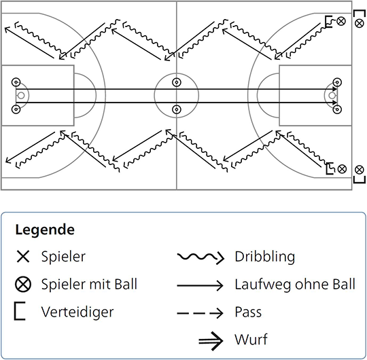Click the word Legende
click(x=45, y=230)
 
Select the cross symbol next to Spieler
click(x=23, y=257)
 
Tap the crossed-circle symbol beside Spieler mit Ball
click(x=23, y=285)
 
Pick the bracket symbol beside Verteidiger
click(x=20, y=311)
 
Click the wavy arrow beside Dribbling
click(x=200, y=257)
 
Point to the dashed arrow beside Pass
click(x=200, y=313)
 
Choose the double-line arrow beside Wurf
click(x=211, y=341)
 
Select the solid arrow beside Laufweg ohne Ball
click(x=200, y=285)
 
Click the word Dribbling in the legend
click(x=265, y=257)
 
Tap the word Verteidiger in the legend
click(x=77, y=312)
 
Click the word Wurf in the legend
click(x=251, y=340)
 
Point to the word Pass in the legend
click(x=248, y=312)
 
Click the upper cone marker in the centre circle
click(x=177, y=82)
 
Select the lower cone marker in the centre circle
click(x=177, y=109)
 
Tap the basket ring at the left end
click(x=21, y=96)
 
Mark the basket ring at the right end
click(x=332, y=96)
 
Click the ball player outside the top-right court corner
click(x=360, y=23)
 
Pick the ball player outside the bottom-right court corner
click(x=360, y=170)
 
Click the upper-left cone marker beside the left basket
click(x=16, y=82)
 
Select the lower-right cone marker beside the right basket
click(x=337, y=109)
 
